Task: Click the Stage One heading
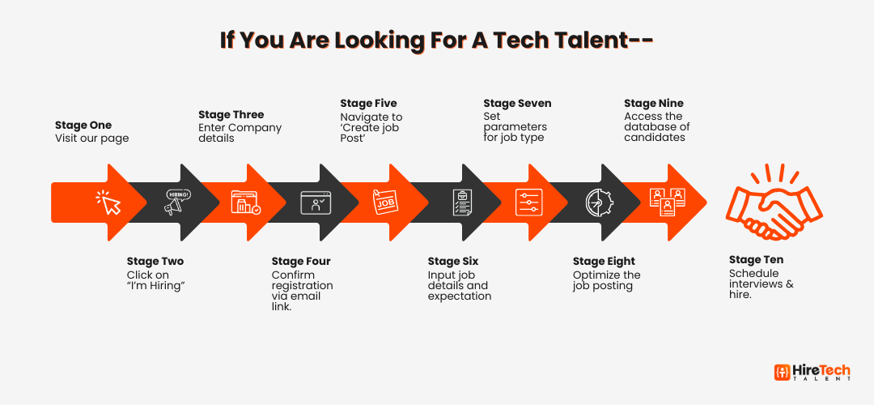coord(83,125)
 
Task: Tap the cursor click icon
coord(109,202)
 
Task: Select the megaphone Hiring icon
coord(177,202)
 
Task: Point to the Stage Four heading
coord(301,261)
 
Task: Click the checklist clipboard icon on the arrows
coord(462,202)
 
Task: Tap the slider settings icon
coord(528,202)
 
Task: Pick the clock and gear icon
coord(599,202)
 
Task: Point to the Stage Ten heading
coord(757,260)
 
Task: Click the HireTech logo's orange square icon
coord(782,372)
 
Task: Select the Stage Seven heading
coord(517,103)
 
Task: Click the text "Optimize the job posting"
coord(606,280)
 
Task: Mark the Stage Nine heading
coord(653,103)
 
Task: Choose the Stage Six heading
coord(453,261)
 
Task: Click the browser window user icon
coord(316,202)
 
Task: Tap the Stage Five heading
coord(368,103)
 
